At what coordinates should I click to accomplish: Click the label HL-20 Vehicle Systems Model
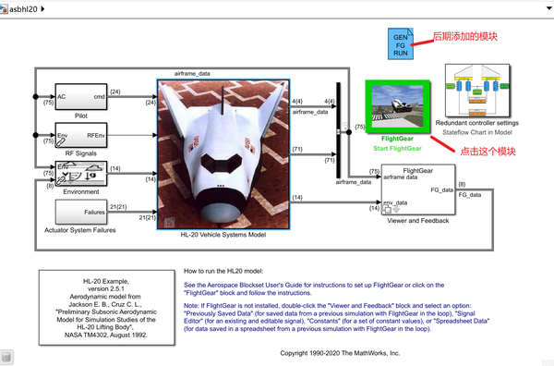223,235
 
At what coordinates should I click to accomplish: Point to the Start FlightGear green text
398,148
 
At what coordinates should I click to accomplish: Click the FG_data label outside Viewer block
471,196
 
